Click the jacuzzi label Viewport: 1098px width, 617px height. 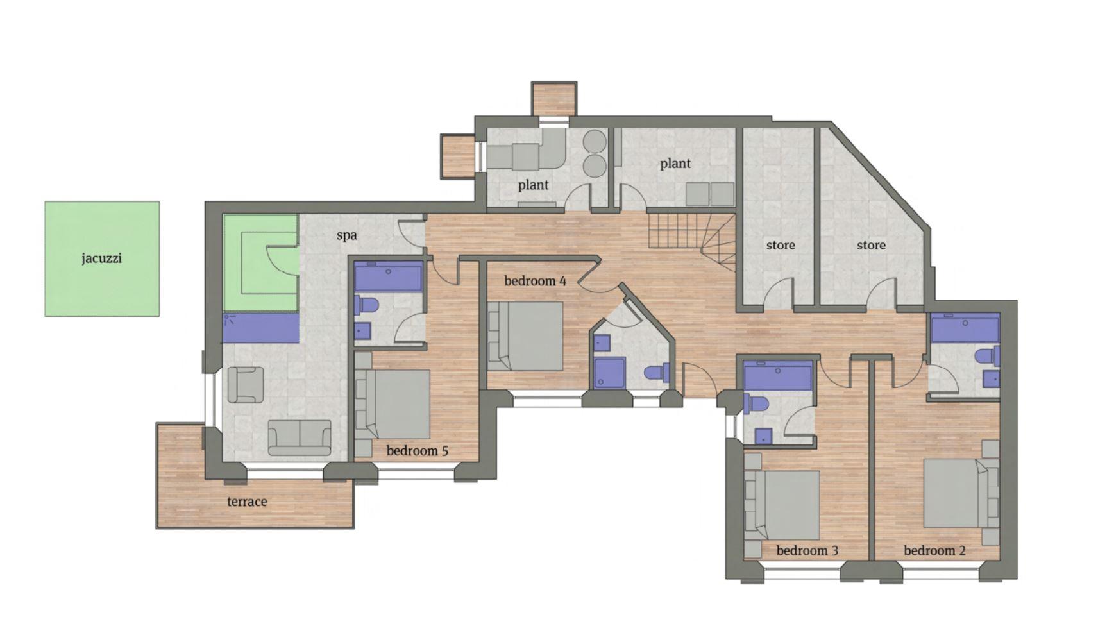pos(101,259)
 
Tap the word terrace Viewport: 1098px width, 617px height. pos(247,502)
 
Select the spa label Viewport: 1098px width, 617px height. pos(346,235)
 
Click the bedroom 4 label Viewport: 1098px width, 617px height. pos(535,281)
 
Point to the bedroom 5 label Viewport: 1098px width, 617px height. pos(417,451)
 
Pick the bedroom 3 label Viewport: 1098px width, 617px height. pos(807,550)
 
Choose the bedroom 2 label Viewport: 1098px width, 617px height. pos(934,550)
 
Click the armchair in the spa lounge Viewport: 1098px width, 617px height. pos(246,384)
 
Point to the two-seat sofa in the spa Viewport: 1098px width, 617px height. pos(300,437)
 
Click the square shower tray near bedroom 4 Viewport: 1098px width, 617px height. pos(609,373)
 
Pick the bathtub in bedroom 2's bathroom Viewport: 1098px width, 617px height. pos(965,329)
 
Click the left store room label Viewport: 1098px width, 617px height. pos(781,245)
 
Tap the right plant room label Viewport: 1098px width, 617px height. pos(675,164)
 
